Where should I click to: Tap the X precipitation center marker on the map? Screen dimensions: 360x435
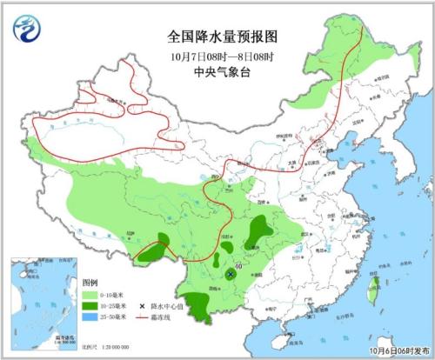pos(231,274)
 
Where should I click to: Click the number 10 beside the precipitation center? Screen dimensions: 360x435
pos(238,266)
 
